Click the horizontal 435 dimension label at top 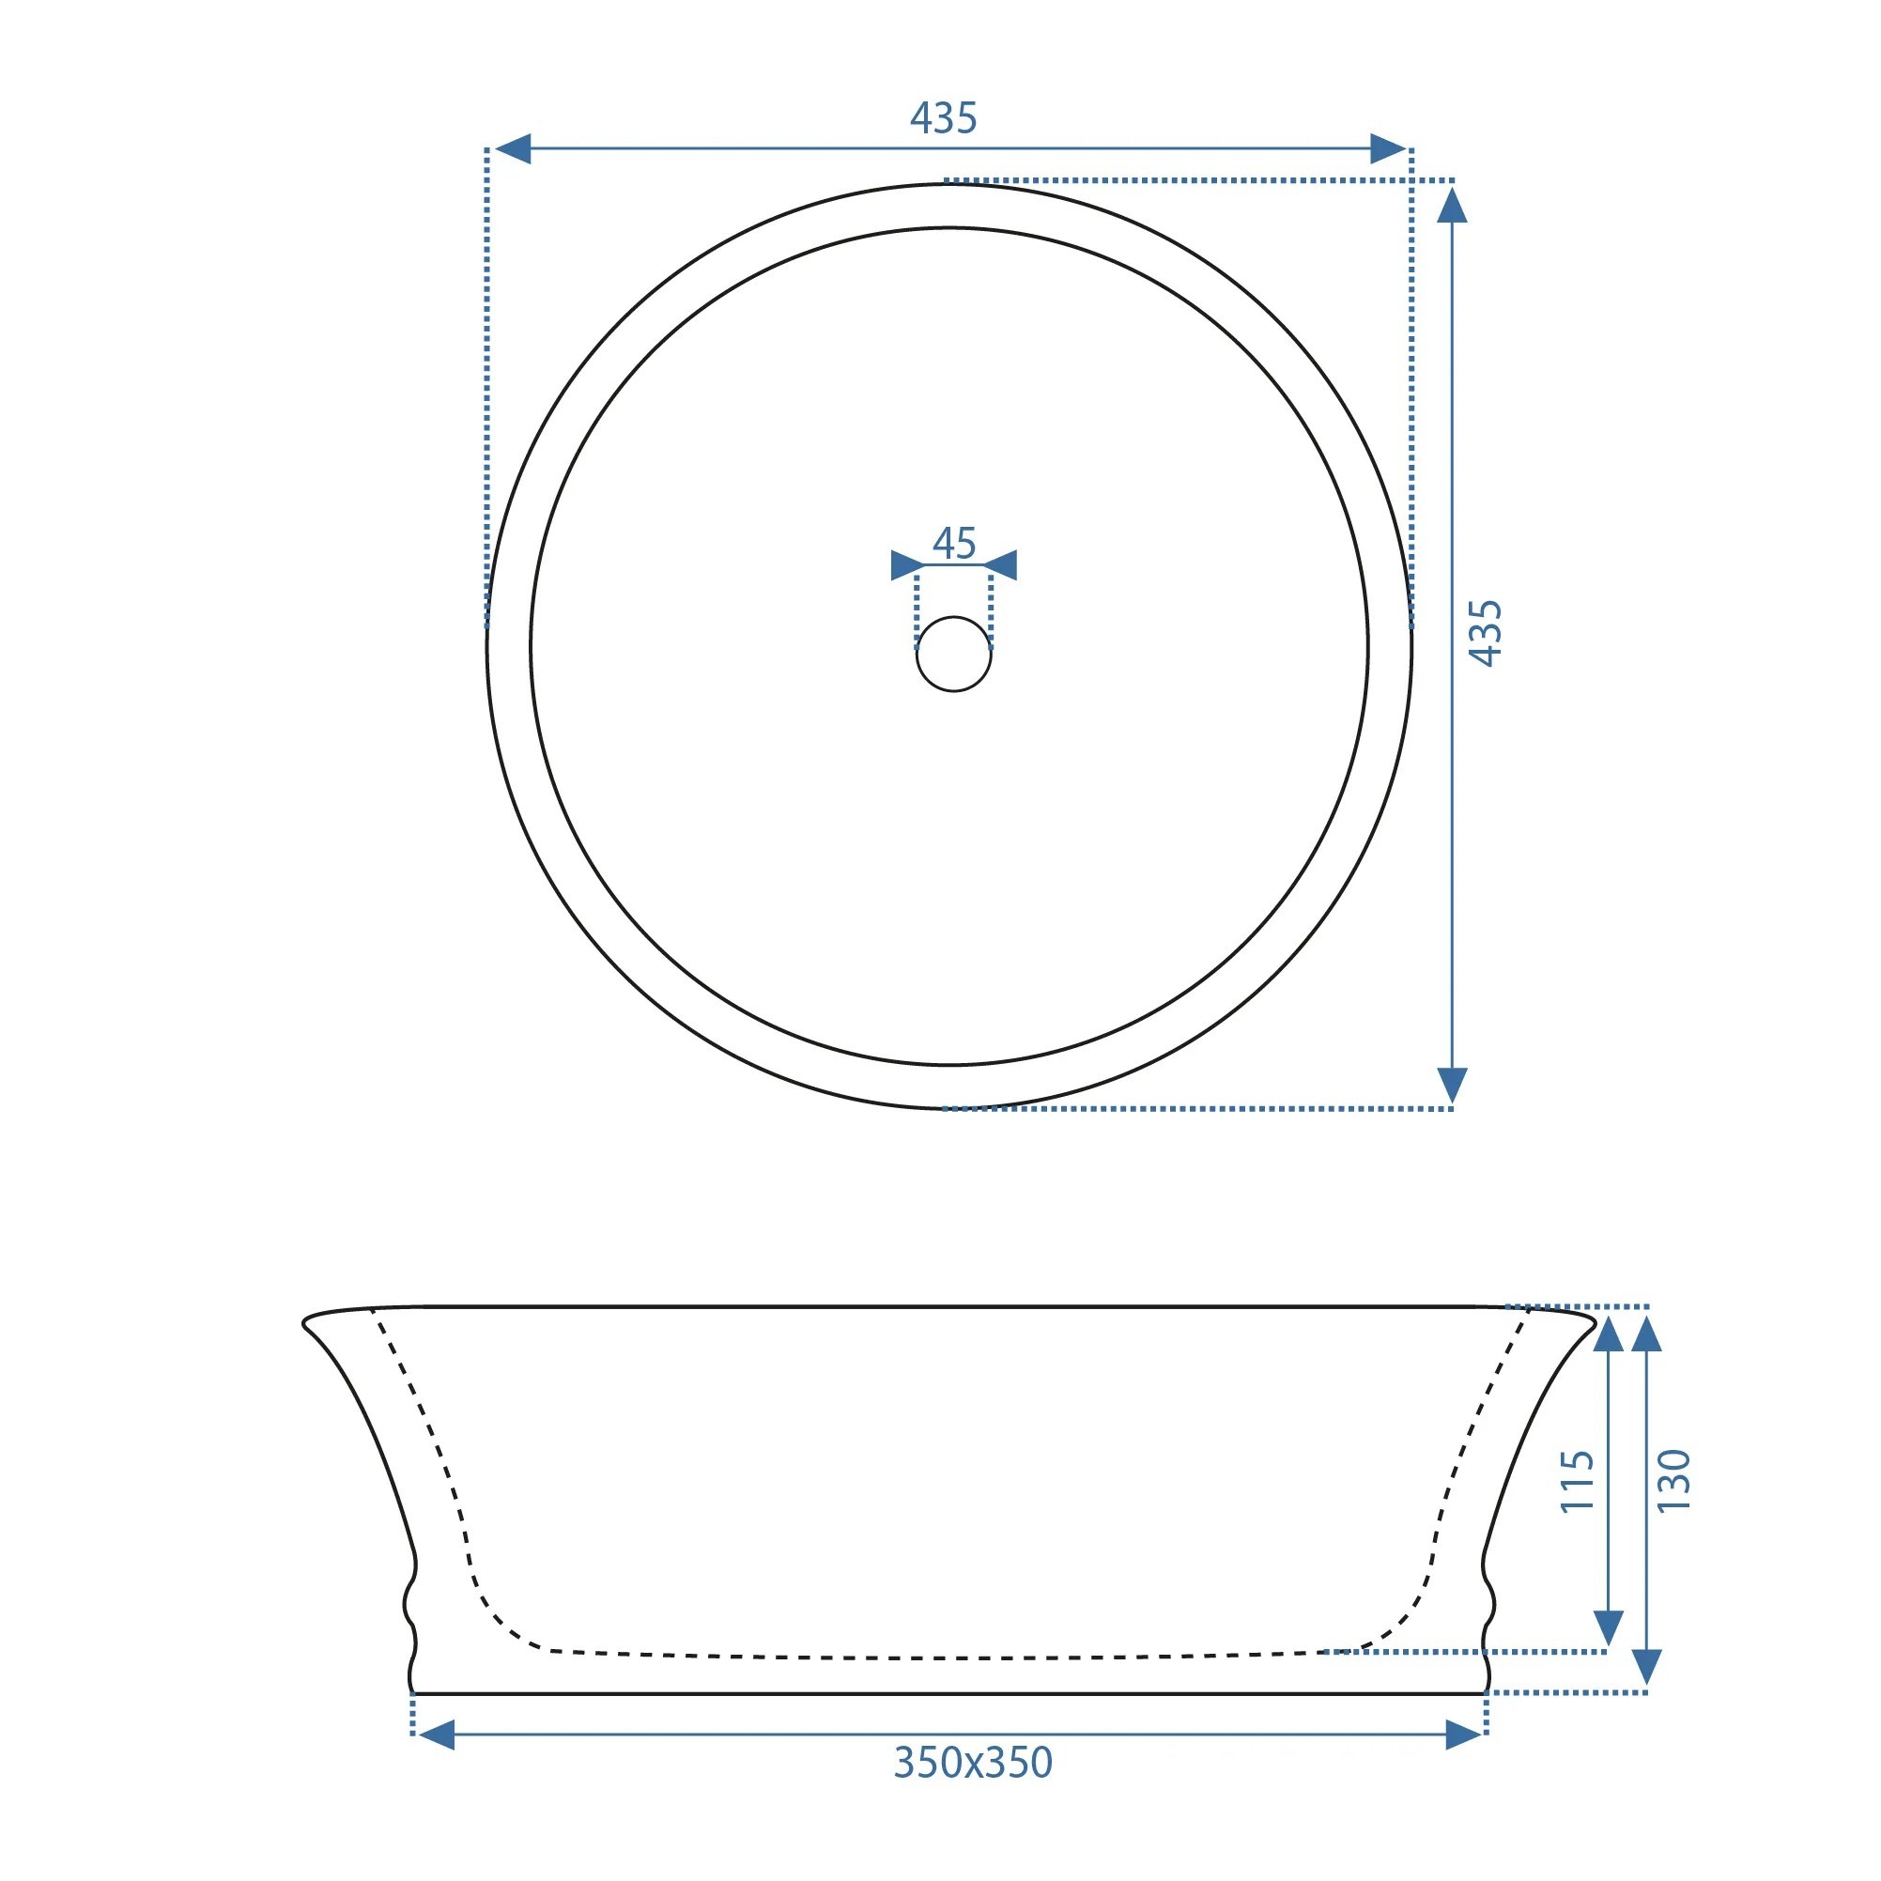[x=944, y=117]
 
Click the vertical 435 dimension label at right [x=1486, y=633]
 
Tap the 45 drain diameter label [x=954, y=544]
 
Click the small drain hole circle [x=954, y=655]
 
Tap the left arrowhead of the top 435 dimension [x=512, y=149]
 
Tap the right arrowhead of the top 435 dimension [x=1387, y=149]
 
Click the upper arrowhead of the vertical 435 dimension [x=1452, y=206]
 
